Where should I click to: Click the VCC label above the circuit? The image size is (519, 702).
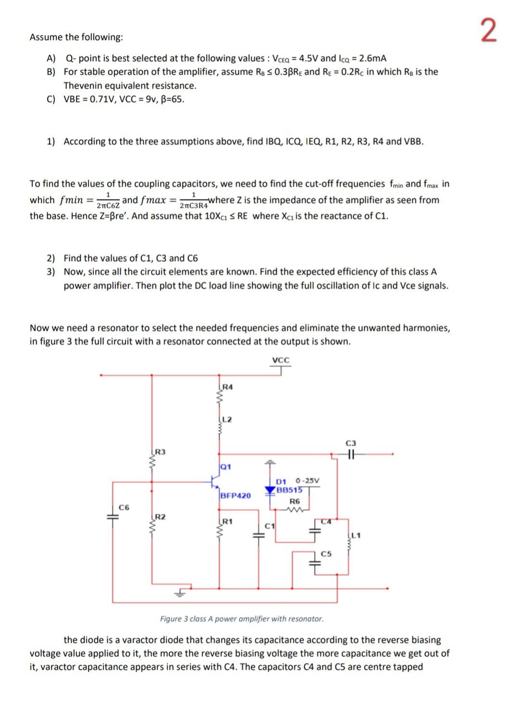tap(281, 360)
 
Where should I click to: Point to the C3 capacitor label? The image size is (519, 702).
tap(351, 443)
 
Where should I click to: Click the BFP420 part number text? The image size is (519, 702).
tap(235, 495)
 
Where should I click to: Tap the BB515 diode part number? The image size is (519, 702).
tap(290, 490)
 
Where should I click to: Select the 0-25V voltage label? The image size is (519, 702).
tap(308, 480)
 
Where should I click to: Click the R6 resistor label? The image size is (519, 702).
tap(295, 501)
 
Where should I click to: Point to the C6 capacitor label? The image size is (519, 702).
tap(124, 507)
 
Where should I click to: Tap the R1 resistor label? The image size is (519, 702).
tap(228, 521)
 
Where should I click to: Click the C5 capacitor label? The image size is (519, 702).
tap(326, 554)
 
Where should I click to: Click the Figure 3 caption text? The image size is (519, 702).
tap(242, 619)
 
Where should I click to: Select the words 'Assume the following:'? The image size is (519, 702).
tap(76, 37)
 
